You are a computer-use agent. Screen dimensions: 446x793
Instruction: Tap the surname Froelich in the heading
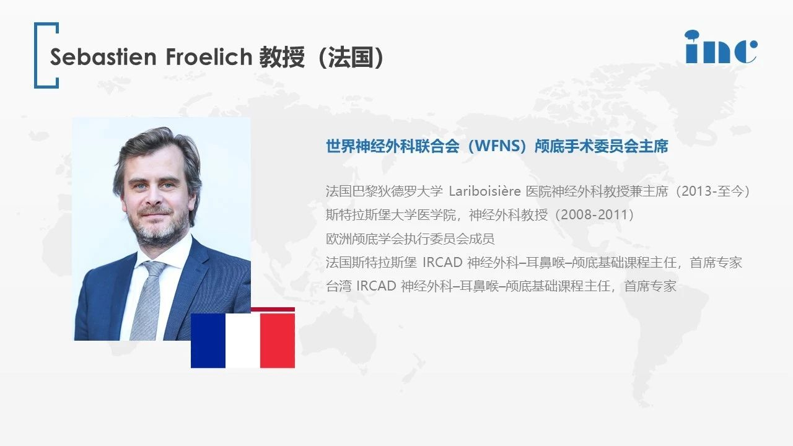209,57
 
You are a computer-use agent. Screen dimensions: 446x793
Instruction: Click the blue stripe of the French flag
208,340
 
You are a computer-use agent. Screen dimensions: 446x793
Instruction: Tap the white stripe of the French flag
243,340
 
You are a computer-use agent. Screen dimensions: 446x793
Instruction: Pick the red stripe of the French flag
278,340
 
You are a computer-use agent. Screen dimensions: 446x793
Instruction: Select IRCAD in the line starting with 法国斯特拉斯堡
442,263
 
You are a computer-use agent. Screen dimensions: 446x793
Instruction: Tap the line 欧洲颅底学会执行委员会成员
410,239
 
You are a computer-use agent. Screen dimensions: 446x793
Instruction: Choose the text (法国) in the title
349,57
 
